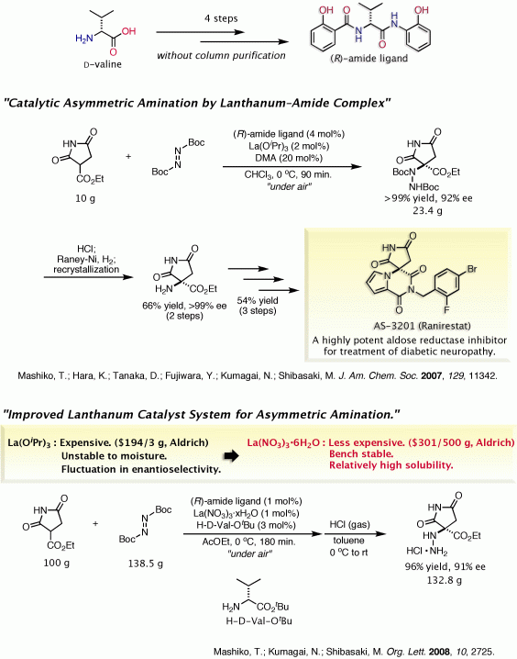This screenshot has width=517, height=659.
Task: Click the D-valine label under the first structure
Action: click(103, 64)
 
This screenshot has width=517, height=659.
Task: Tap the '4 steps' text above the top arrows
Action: click(221, 18)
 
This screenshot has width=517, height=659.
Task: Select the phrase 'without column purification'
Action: click(221, 55)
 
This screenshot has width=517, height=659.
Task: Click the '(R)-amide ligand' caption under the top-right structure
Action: click(368, 58)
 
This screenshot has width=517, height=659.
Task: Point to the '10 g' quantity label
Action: click(85, 198)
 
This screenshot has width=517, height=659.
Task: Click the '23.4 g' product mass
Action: click(427, 210)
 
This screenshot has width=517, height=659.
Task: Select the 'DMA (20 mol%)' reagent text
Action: click(289, 158)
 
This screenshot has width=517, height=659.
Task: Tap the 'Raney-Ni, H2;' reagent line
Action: click(86, 259)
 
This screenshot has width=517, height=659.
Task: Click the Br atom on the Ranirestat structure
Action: click(472, 269)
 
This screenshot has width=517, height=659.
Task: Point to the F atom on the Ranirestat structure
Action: click(447, 310)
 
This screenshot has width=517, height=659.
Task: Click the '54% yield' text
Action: click(258, 300)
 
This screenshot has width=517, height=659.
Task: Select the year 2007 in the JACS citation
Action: click(432, 375)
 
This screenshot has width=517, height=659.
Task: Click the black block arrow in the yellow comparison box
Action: click(231, 455)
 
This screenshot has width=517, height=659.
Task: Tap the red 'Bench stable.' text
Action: click(361, 454)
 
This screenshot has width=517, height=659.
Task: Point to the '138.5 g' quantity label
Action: click(146, 564)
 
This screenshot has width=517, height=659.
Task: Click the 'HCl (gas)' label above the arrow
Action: click(349, 524)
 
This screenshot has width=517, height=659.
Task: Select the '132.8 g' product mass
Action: click(445, 580)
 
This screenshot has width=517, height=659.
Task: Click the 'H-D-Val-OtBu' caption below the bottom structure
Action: click(258, 620)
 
